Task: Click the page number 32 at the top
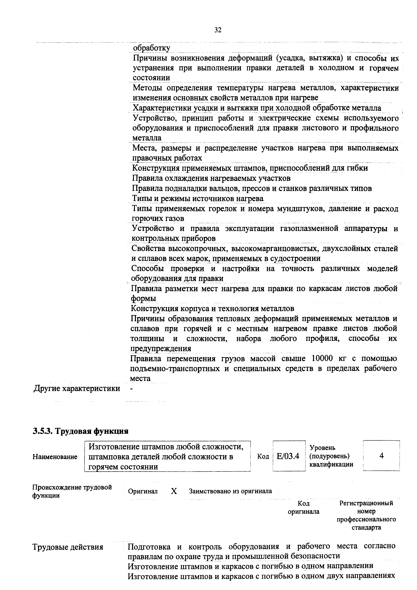click(218, 30)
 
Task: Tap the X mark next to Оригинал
click(174, 491)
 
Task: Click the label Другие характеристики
click(77, 388)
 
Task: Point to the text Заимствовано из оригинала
click(230, 491)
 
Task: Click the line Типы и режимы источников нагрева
click(198, 198)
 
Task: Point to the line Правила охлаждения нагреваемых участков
click(211, 178)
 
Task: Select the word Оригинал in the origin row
click(143, 491)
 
